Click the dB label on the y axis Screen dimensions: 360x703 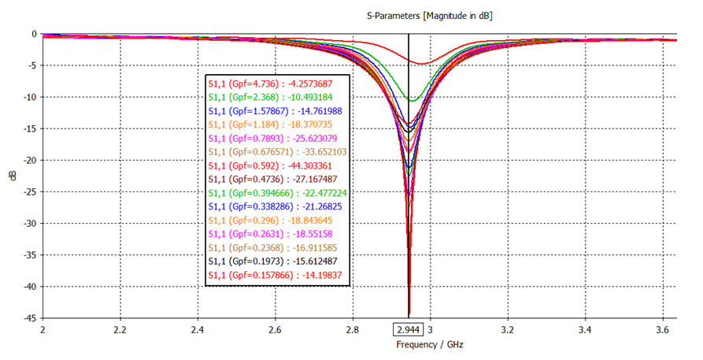[12, 176]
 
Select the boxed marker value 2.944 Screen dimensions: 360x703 [409, 329]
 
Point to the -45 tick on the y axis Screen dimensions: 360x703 [28, 318]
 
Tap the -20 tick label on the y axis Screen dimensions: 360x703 [28, 160]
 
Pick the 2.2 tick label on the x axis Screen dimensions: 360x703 [120, 329]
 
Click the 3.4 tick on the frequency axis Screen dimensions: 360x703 [585, 329]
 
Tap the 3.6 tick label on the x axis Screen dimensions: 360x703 [662, 329]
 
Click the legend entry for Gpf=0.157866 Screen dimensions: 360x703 [276, 275]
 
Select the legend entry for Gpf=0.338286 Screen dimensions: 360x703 [276, 206]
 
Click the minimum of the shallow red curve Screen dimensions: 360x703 [422, 63]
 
